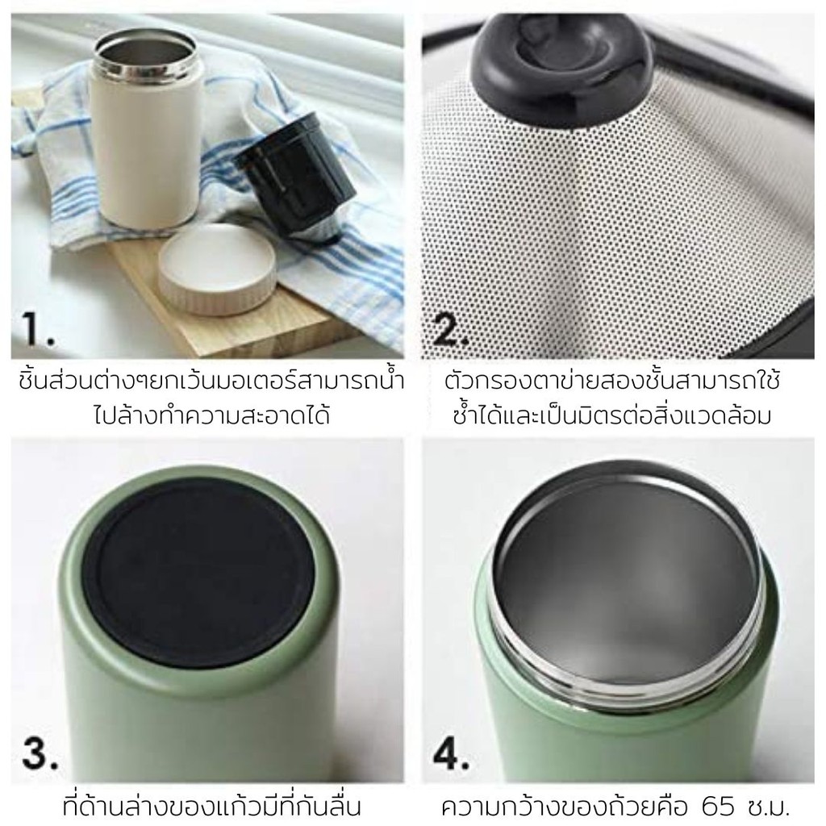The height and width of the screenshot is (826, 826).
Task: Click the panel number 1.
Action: tap(38, 329)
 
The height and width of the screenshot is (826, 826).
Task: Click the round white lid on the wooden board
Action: tap(217, 269)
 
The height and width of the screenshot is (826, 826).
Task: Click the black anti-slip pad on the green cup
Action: tap(198, 572)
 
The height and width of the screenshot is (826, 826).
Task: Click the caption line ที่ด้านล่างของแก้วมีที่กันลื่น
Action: tap(211, 807)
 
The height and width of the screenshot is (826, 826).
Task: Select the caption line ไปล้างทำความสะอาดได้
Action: tap(211, 415)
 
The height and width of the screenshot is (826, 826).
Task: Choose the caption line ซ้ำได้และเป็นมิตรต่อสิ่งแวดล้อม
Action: tap(612, 415)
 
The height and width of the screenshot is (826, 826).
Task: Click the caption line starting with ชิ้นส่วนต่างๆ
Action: tap(211, 382)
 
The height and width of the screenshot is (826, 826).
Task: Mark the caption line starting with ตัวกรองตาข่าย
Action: tap(612, 382)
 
